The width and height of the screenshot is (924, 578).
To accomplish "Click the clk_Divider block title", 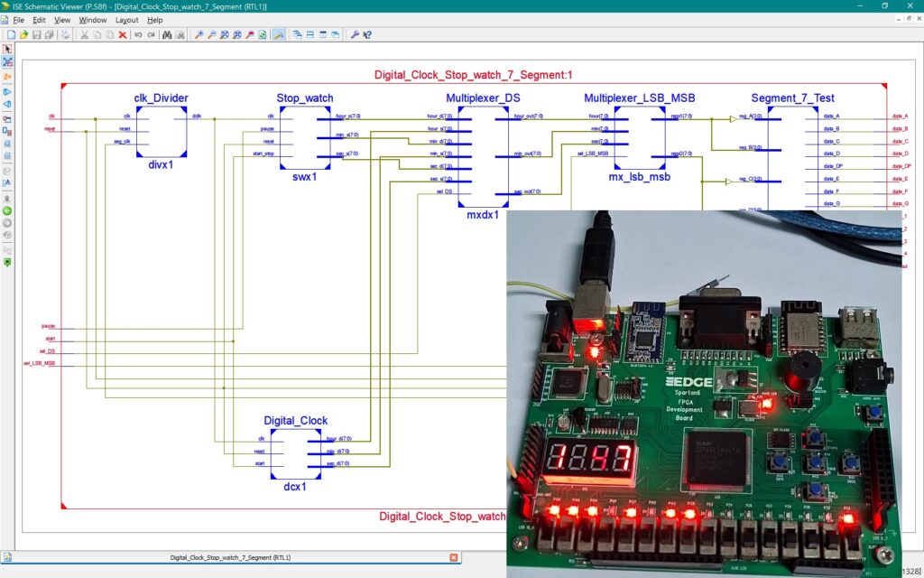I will point(161,98).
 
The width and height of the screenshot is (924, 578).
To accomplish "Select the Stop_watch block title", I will point(305,98).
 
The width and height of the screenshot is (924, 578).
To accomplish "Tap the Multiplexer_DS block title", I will point(483,98).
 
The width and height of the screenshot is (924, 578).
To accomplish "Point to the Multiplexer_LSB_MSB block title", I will point(639,98).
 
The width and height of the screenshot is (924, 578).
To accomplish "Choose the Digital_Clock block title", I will point(295,421).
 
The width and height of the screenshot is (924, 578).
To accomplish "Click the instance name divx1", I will point(162,165).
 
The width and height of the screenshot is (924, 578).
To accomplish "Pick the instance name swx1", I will point(304,177).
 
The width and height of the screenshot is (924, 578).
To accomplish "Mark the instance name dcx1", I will point(295,486).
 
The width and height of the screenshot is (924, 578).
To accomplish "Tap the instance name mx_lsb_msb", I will point(639,177).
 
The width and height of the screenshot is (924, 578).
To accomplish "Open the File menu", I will point(18,20).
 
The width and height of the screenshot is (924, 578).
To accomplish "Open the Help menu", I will point(155,20).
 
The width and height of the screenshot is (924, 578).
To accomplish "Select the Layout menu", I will point(127,20).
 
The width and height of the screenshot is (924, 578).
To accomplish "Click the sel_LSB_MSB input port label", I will point(40,363).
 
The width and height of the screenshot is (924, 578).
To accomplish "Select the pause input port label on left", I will point(48,325).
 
